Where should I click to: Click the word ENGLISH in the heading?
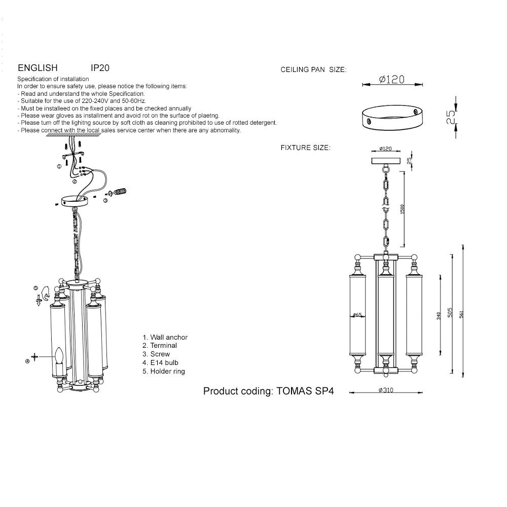(38, 68)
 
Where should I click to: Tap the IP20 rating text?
(100, 68)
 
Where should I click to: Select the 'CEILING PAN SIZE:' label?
(313, 69)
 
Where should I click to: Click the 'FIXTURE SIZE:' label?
(306, 148)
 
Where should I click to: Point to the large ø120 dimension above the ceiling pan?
(391, 79)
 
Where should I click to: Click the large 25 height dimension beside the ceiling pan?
(450, 117)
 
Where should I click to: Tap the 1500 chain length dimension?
(402, 209)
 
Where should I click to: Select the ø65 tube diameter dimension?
(357, 315)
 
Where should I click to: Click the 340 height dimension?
(439, 316)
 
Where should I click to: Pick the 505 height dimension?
(450, 312)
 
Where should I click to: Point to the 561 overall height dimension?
(461, 314)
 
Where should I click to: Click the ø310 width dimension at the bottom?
(386, 390)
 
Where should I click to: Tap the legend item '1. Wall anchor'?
(165, 337)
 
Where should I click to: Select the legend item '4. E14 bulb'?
(160, 363)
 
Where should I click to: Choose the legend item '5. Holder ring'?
(164, 371)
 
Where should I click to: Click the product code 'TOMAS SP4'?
(305, 391)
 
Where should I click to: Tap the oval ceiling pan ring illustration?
(392, 118)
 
